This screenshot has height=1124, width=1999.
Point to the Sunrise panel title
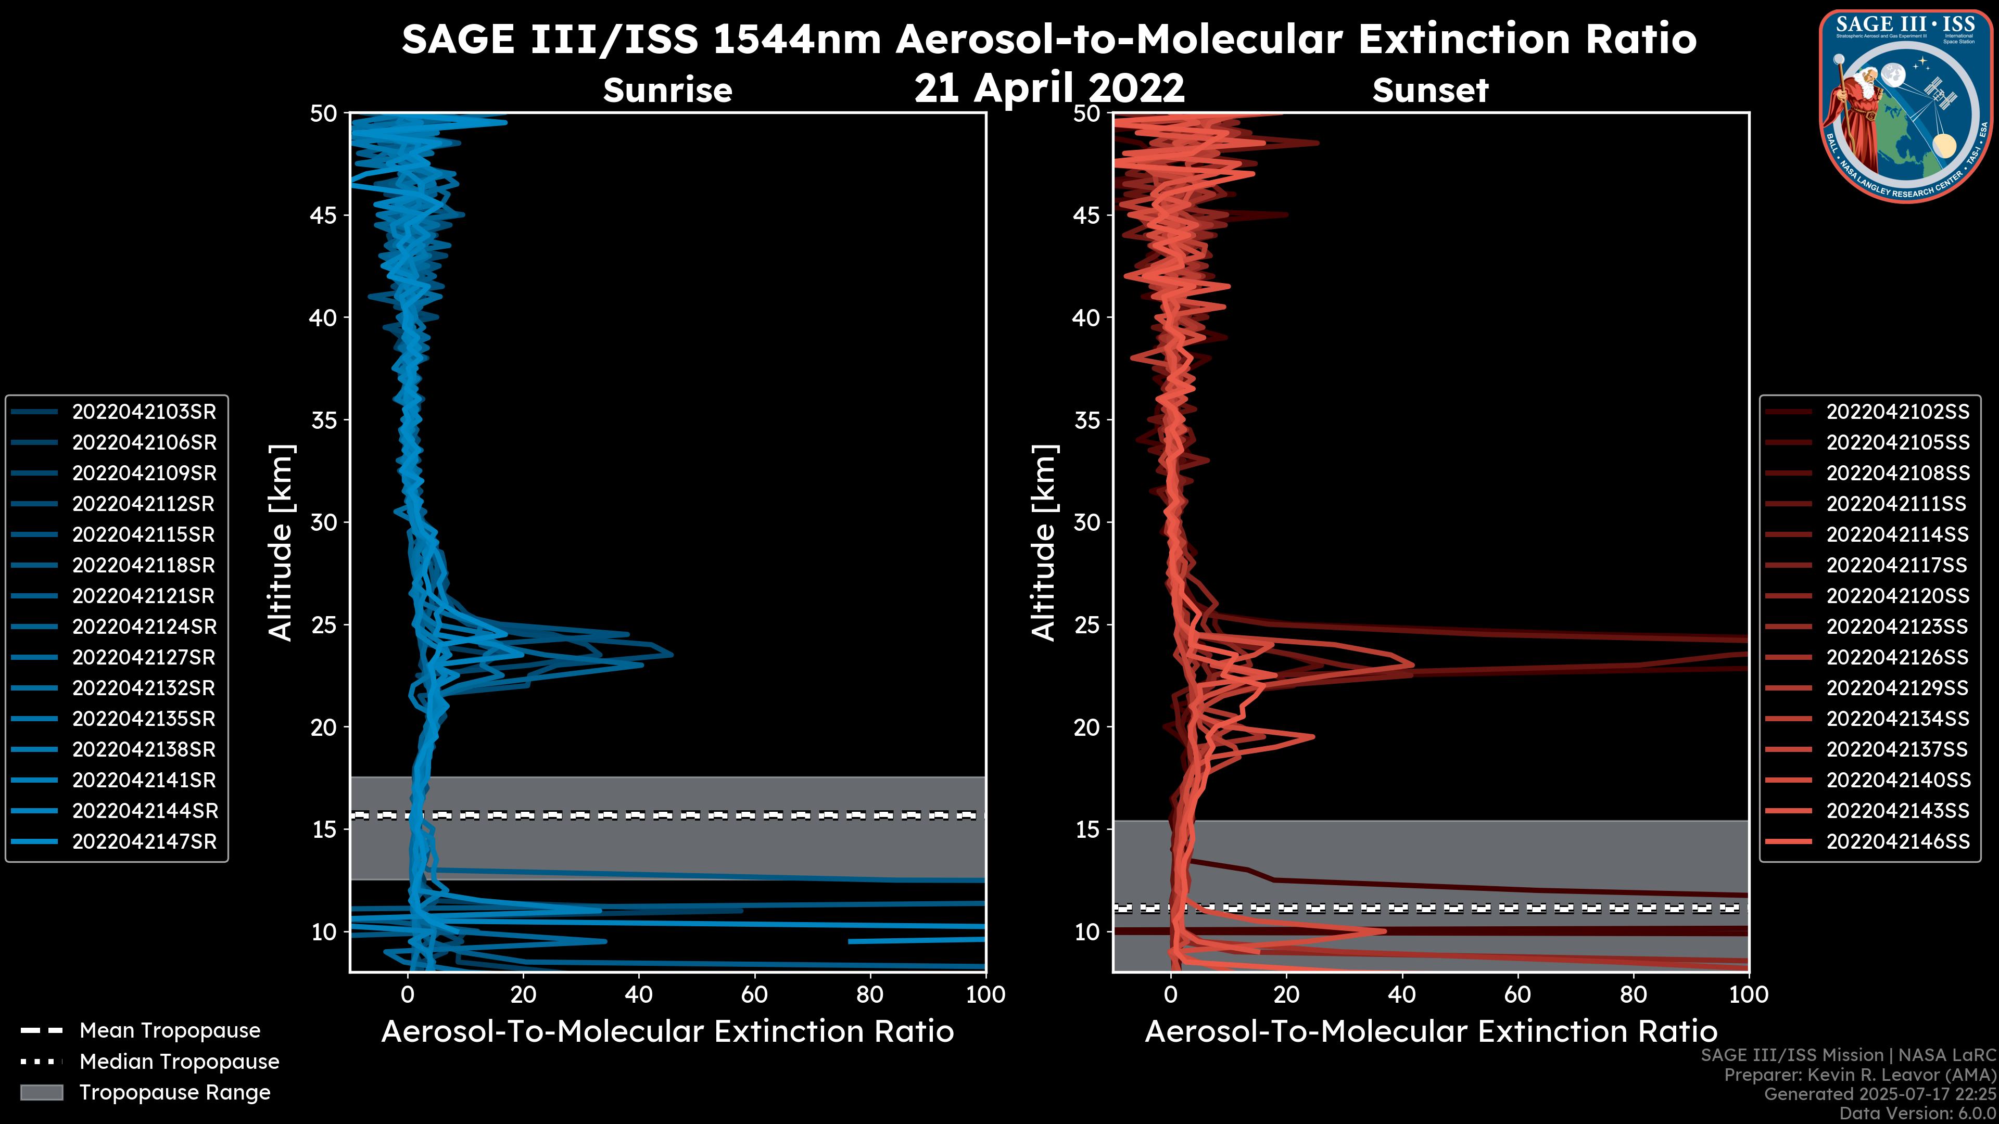pos(667,91)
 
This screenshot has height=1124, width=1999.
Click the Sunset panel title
pos(1430,91)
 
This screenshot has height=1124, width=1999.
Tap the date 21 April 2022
pos(1049,87)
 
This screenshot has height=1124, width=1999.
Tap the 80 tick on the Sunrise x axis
pos(869,994)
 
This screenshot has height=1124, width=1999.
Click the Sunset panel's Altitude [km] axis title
pos(1044,542)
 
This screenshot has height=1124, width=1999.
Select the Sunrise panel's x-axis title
pos(667,1032)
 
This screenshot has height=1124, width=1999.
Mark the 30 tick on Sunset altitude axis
pos(1087,522)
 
